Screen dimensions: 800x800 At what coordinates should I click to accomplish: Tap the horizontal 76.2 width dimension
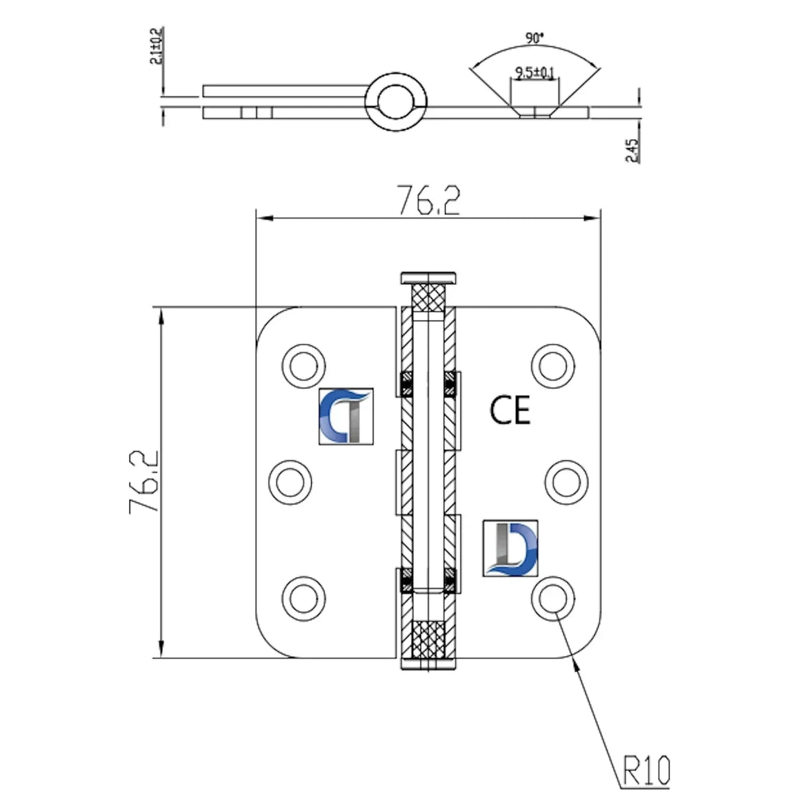coord(428,201)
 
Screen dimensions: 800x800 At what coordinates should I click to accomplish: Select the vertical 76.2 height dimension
coord(144,481)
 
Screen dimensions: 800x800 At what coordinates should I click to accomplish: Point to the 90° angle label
coord(534,38)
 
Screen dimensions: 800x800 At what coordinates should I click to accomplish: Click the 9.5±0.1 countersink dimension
coord(534,73)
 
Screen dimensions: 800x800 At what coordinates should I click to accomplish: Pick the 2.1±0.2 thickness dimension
coord(156,46)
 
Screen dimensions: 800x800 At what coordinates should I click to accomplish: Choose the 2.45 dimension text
coord(632,150)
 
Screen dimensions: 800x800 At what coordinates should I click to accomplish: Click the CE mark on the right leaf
coord(510,410)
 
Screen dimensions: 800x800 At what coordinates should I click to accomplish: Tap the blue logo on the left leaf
coord(346,417)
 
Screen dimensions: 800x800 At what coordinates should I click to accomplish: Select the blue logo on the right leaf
coord(510,548)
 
